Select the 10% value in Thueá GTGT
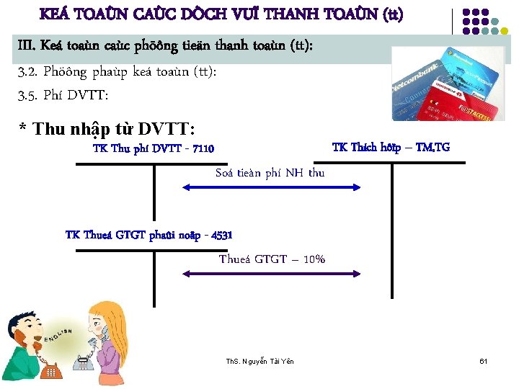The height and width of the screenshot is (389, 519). (x=314, y=259)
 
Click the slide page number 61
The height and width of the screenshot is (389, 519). (x=484, y=360)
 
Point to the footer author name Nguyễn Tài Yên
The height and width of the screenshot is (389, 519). (x=269, y=360)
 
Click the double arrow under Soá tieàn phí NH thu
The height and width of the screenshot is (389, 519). (x=271, y=187)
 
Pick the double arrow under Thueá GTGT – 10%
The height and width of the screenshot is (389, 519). (x=271, y=274)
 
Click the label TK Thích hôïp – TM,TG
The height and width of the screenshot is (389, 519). (x=391, y=148)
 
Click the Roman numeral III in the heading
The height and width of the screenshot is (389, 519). (x=26, y=47)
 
